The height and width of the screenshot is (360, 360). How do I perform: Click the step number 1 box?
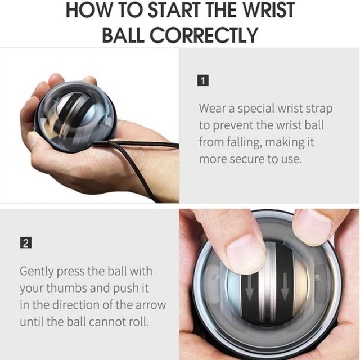tap(204, 80)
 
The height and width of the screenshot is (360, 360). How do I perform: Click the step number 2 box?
tap(25, 244)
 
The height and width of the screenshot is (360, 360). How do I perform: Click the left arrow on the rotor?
tap(249, 289)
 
